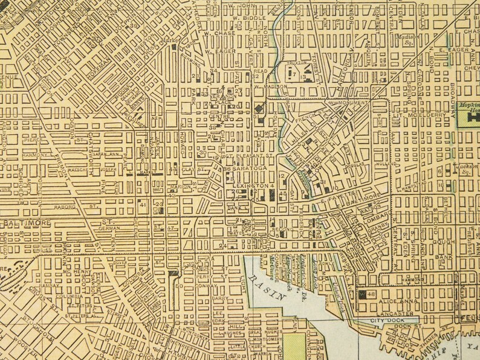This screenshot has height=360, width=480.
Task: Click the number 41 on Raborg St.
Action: [143, 205]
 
